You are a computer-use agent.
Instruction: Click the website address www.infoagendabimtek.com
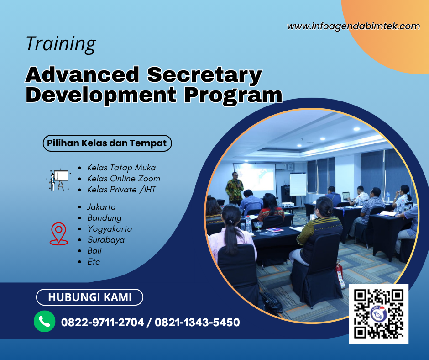coord(353,26)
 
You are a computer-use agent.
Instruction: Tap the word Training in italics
coord(61,44)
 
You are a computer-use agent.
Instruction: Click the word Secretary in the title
coord(205,74)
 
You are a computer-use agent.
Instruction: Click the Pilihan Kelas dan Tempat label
coord(107,143)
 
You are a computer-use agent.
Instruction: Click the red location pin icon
coord(58,233)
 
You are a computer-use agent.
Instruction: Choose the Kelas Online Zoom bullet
coord(123,179)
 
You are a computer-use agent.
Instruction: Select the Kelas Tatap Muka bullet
coord(121,168)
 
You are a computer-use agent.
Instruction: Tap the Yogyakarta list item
coord(110,229)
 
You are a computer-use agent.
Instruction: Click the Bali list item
coord(94,251)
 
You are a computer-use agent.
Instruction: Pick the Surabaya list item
coord(106,240)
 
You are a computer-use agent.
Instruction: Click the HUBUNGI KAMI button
coord(89,297)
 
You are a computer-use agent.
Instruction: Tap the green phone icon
coord(45,322)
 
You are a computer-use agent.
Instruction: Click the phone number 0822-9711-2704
coord(102,323)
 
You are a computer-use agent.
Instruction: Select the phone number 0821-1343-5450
coord(197,323)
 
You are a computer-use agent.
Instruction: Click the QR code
coord(378,313)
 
